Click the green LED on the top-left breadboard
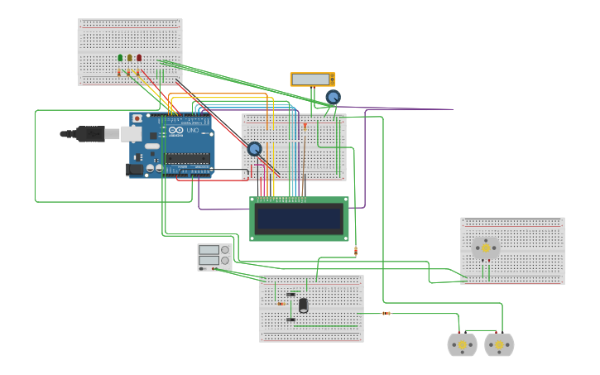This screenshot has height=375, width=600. coord(120,58)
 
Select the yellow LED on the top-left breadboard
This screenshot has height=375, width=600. coord(129,58)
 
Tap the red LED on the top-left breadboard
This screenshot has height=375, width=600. coord(139,58)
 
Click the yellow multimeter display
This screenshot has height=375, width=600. coord(311,79)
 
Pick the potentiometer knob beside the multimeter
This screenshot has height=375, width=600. coord(333,97)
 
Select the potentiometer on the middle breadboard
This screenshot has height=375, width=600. coord(255,149)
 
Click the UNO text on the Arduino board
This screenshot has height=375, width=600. coord(193,130)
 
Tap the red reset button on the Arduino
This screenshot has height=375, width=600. coord(137,118)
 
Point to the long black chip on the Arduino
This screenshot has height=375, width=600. coord(188,158)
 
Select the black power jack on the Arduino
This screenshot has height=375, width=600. coord(133,170)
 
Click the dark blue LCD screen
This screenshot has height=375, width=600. coord(299,219)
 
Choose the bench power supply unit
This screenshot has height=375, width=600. coord(209,257)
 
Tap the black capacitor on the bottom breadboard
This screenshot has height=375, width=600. coord(304,305)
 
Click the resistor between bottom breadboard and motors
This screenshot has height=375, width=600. coord(386,313)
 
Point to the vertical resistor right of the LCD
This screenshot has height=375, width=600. coord(356,250)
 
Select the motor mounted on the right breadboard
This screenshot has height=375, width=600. coord(486,248)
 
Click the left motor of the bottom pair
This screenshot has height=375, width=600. coord(462,344)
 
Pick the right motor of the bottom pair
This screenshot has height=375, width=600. coord(499,344)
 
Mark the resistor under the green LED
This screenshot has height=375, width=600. coord(119,73)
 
